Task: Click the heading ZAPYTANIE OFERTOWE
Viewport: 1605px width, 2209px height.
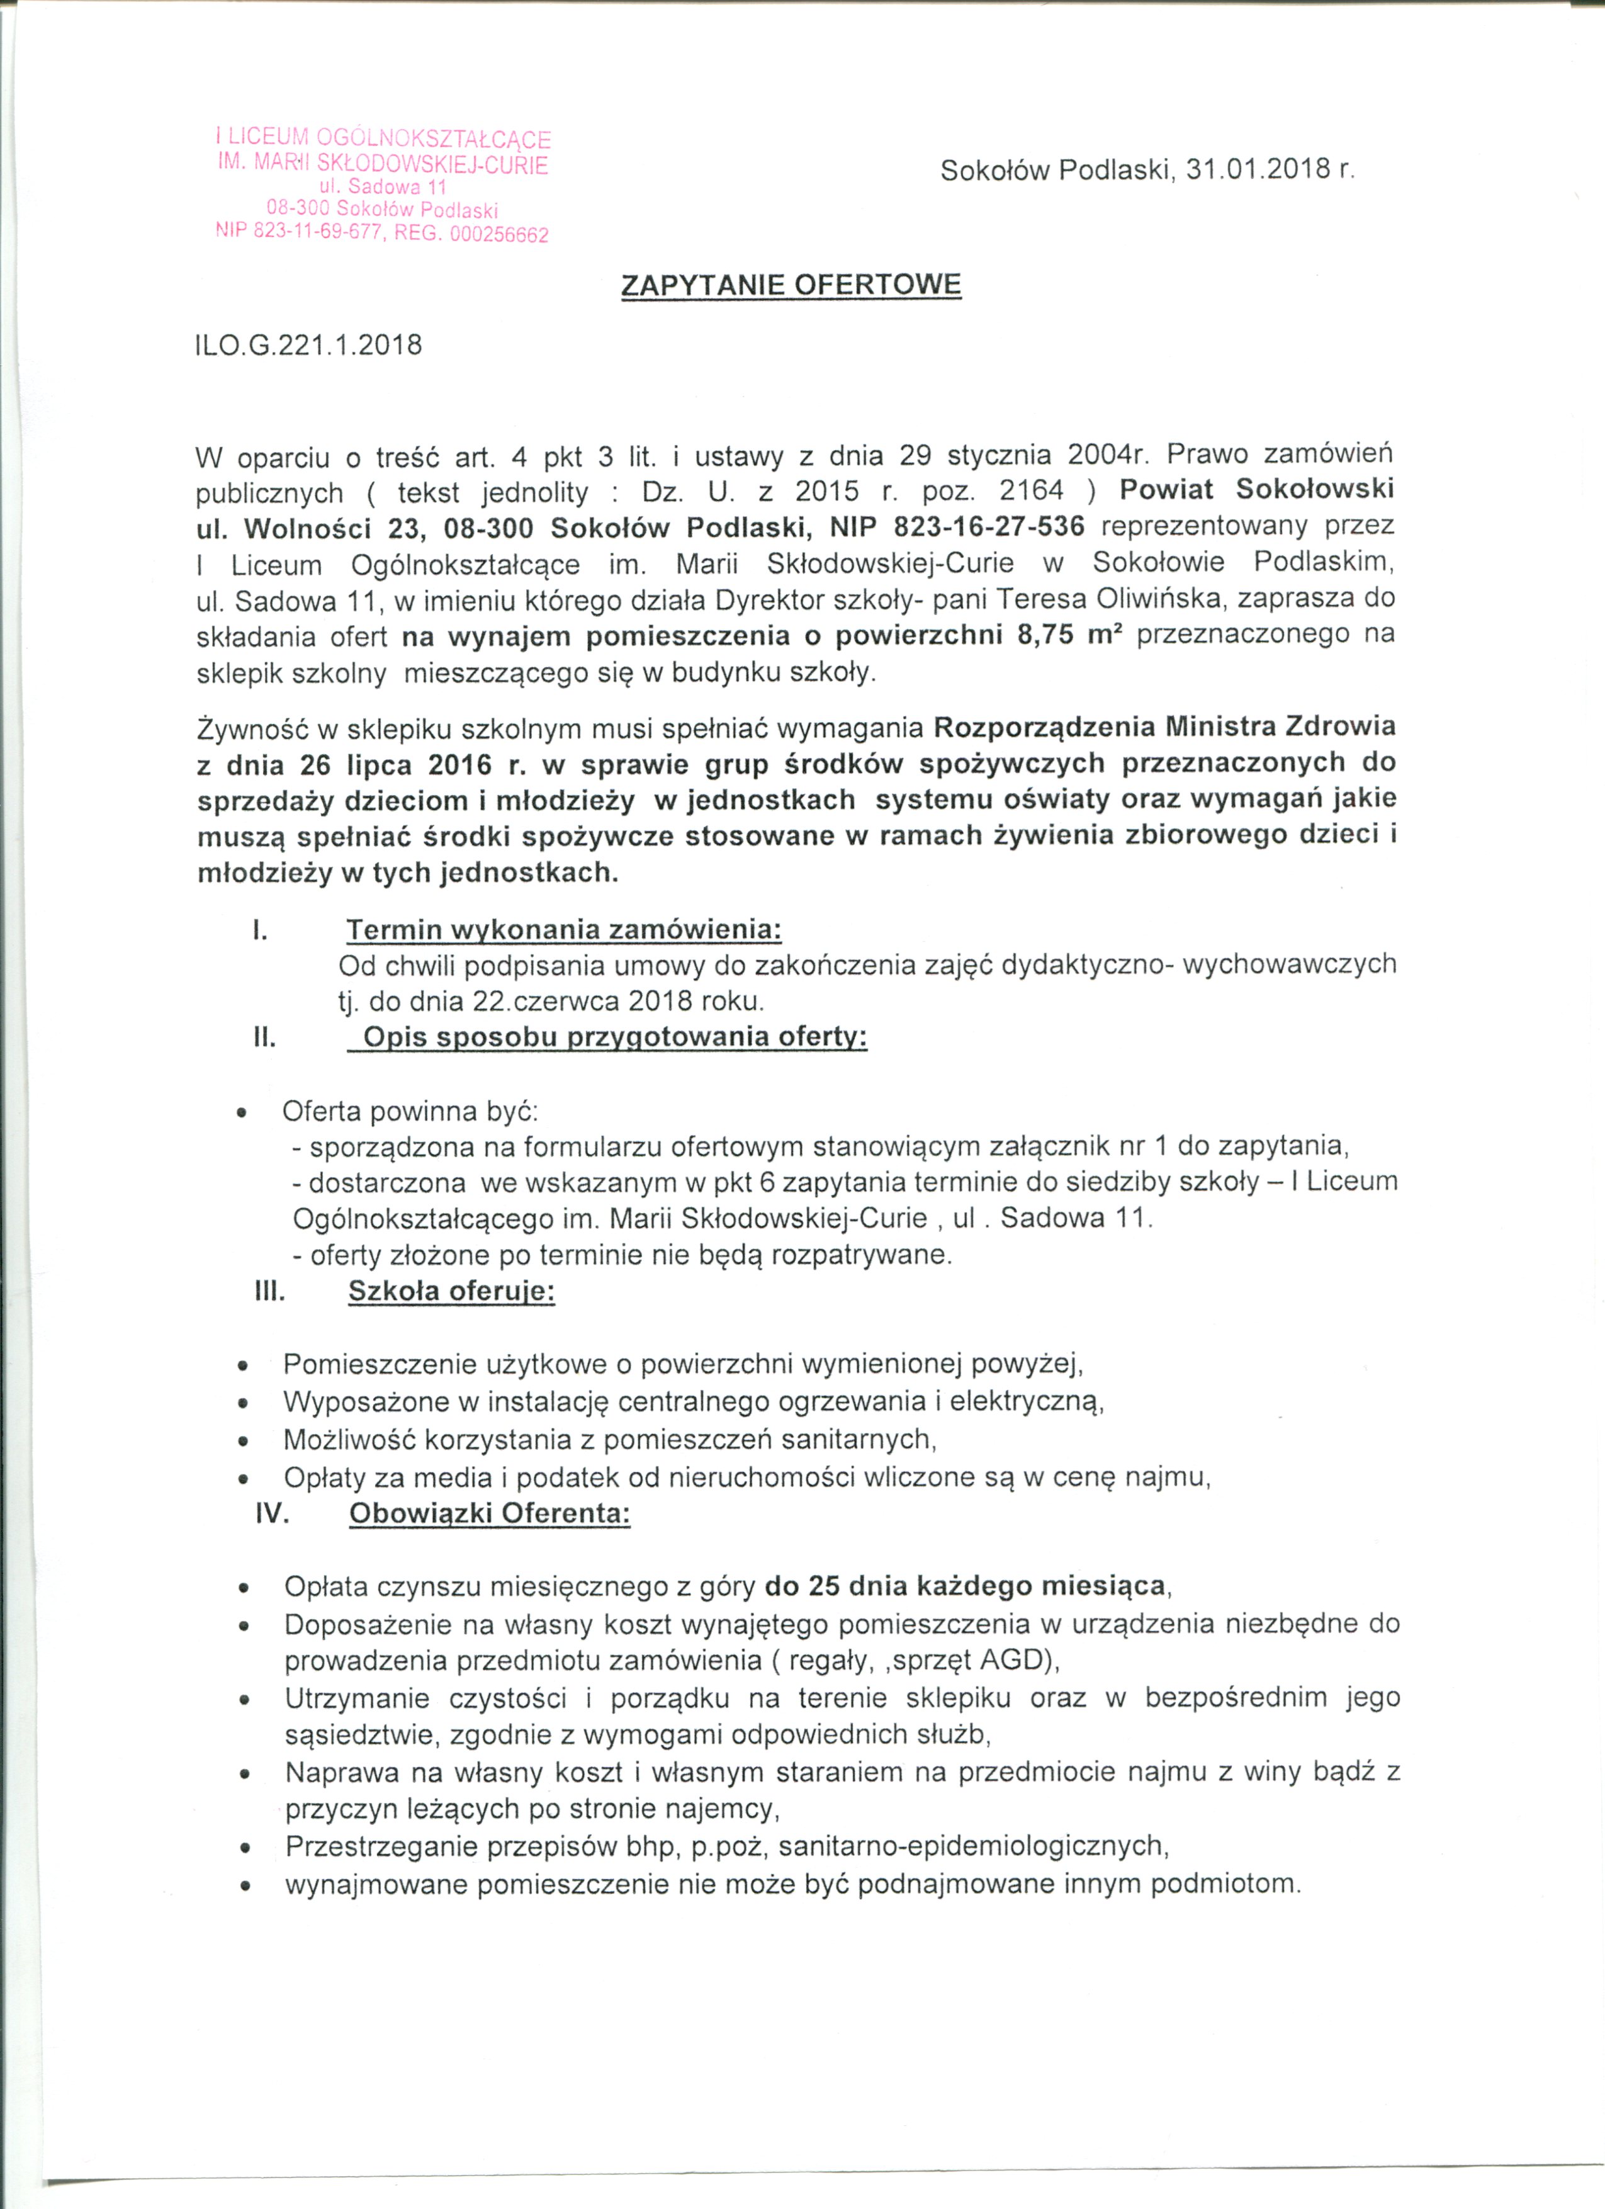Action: pos(791,285)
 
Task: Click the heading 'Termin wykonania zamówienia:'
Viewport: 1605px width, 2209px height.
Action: pos(564,930)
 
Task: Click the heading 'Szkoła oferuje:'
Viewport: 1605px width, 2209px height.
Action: pos(451,1292)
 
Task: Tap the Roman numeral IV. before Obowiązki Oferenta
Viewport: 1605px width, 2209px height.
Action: pos(273,1515)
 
